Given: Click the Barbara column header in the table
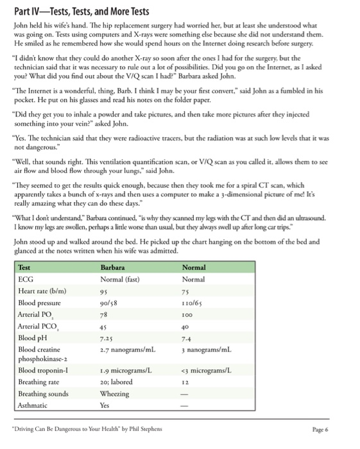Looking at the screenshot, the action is pyautogui.click(x=112, y=267).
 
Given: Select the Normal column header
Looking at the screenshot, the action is pyautogui.click(x=194, y=267).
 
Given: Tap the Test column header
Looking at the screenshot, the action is pyautogui.click(x=24, y=267).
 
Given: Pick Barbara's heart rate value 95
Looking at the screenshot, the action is pyautogui.click(x=105, y=291).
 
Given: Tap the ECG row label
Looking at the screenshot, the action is pyautogui.click(x=26, y=279).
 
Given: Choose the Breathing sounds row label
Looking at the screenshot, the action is pyautogui.click(x=44, y=394).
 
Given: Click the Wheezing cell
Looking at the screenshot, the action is pyautogui.click(x=115, y=394).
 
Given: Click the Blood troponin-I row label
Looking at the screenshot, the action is pyautogui.click(x=44, y=371).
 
